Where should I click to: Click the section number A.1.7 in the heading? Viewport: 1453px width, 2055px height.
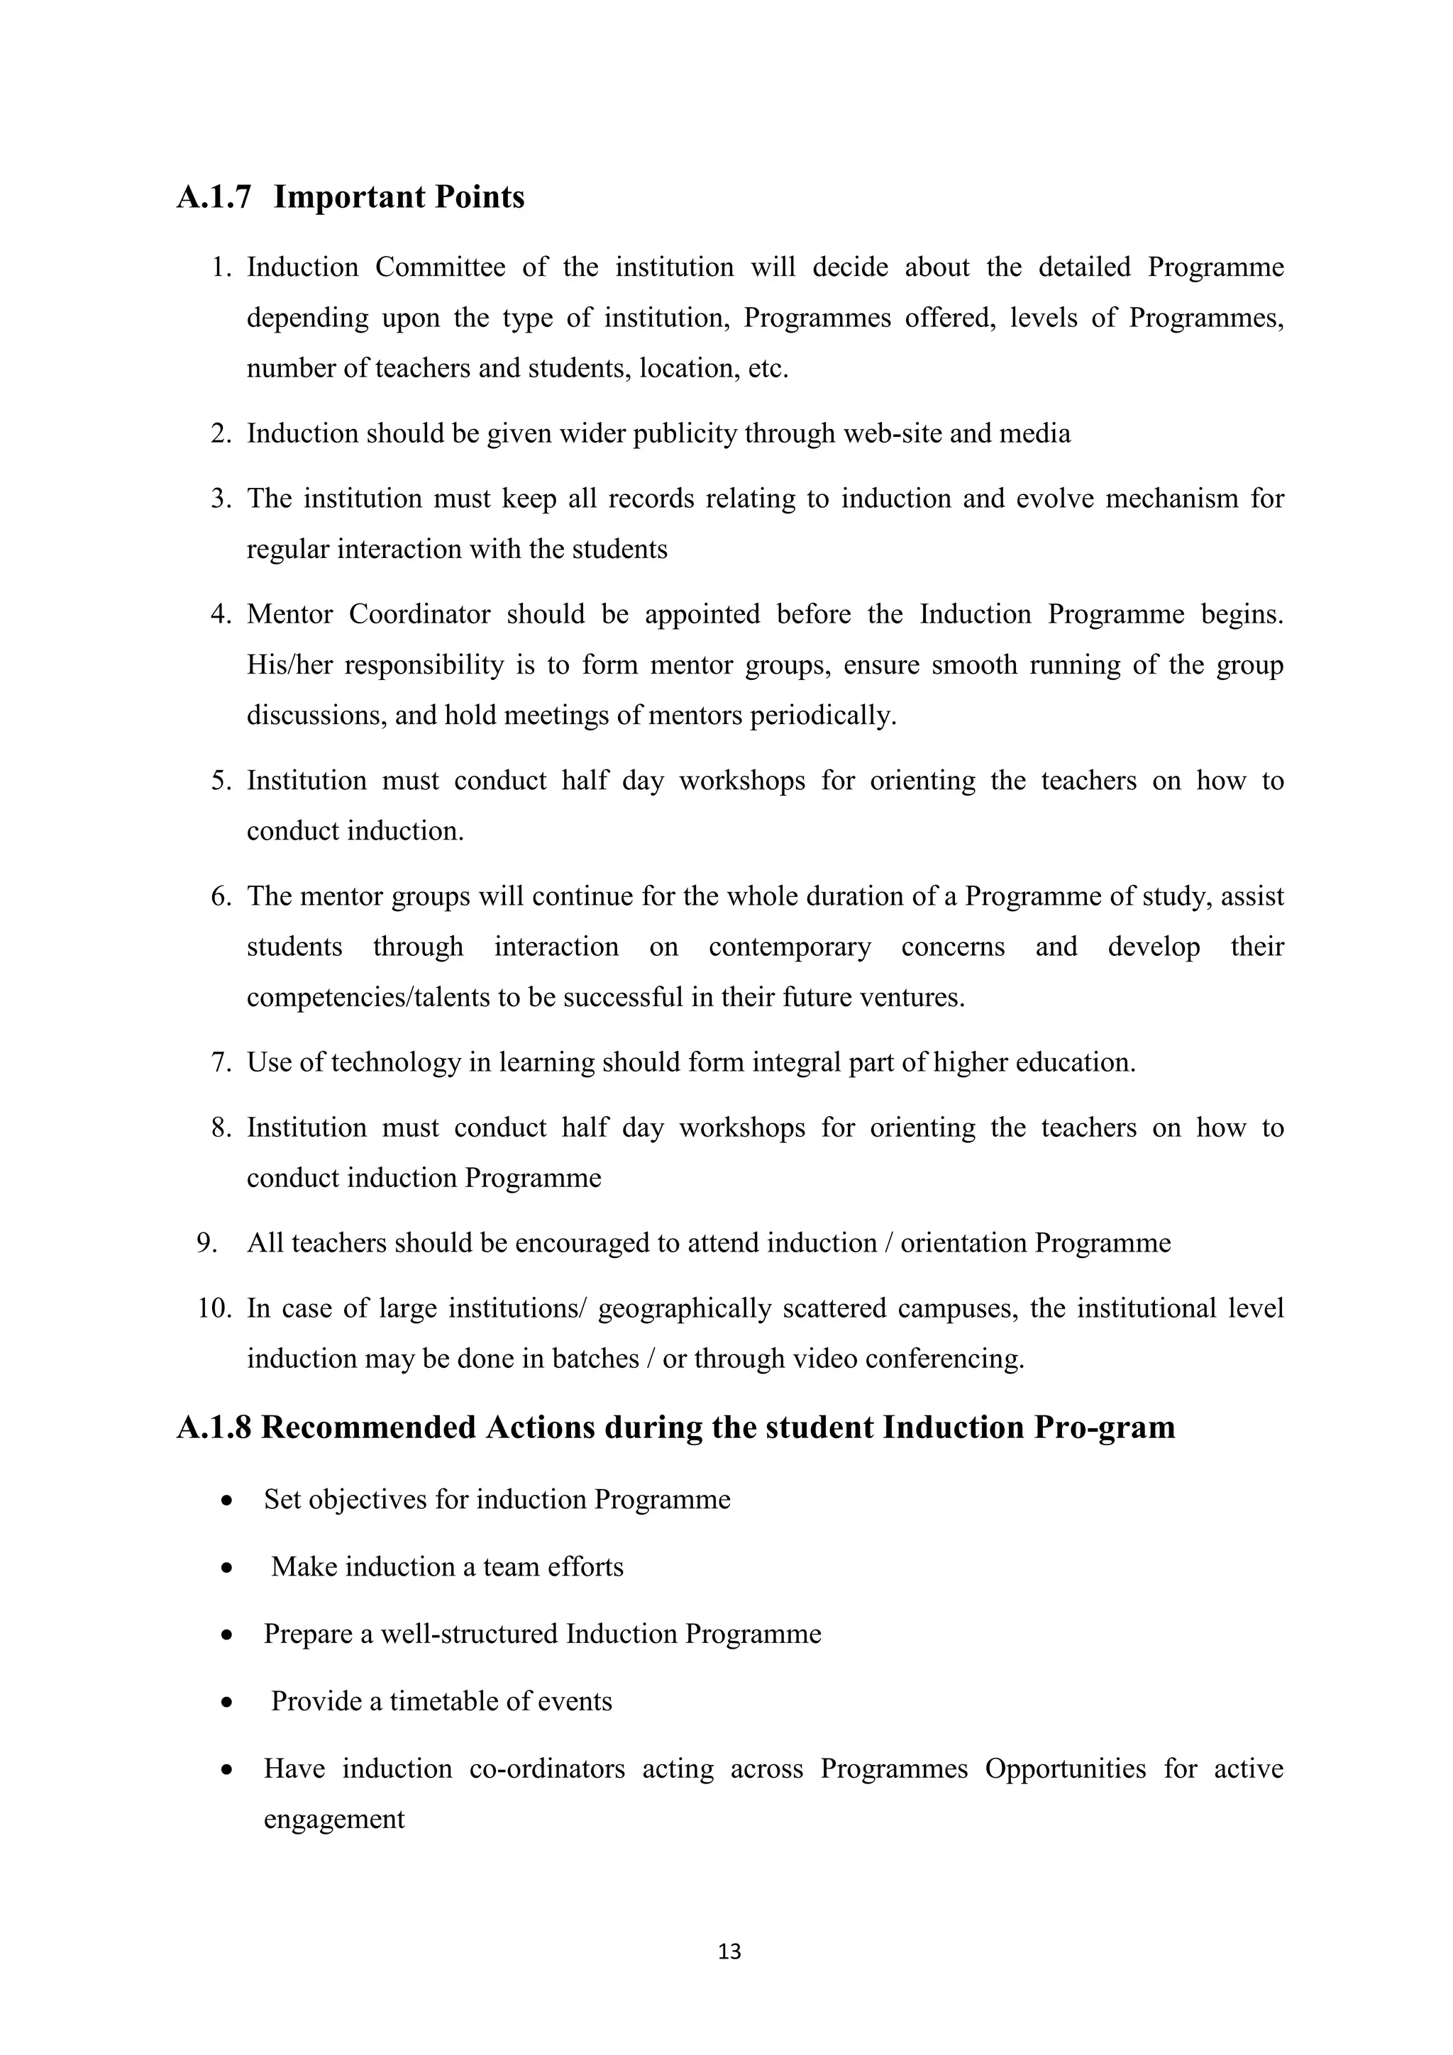(214, 197)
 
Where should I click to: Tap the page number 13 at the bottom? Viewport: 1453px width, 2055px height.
(729, 1951)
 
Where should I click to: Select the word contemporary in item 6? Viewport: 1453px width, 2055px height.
(790, 947)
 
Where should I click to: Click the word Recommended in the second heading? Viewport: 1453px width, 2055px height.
(368, 1427)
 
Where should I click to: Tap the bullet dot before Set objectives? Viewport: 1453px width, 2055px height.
(228, 1501)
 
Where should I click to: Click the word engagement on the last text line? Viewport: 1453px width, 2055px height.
(334, 1819)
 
